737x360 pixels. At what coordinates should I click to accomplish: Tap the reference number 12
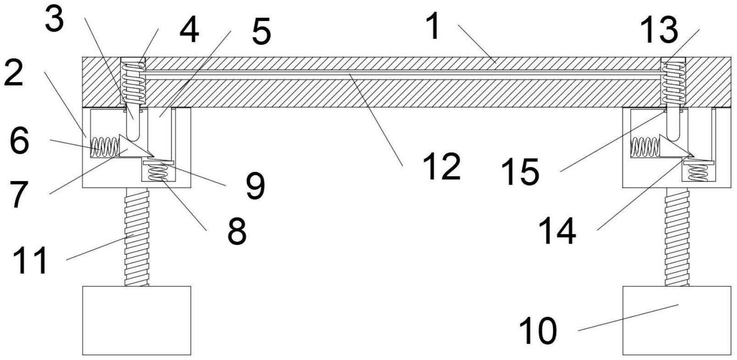pyautogui.click(x=441, y=167)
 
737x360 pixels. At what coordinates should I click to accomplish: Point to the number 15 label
pyautogui.click(x=520, y=172)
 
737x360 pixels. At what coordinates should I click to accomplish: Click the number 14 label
pyautogui.click(x=557, y=231)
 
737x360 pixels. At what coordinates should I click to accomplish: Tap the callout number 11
pyautogui.click(x=30, y=260)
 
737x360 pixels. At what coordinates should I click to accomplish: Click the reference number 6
pyautogui.click(x=19, y=141)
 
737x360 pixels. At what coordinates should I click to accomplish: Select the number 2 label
pyautogui.click(x=13, y=73)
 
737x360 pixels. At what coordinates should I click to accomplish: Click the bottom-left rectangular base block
pyautogui.click(x=136, y=320)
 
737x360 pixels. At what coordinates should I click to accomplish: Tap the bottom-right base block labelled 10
pyautogui.click(x=676, y=320)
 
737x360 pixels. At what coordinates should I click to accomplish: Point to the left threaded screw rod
pyautogui.click(x=136, y=237)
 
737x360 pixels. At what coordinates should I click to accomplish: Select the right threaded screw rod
pyautogui.click(x=676, y=237)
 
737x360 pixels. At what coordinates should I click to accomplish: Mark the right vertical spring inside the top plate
pyautogui.click(x=673, y=83)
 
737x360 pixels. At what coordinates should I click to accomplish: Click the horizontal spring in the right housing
pyautogui.click(x=645, y=147)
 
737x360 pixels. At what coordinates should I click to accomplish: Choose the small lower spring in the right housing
pyautogui.click(x=698, y=172)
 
